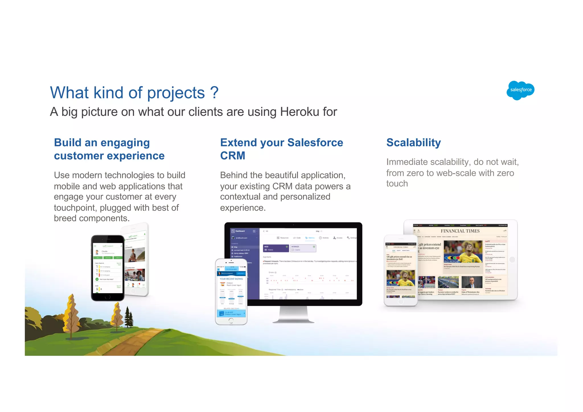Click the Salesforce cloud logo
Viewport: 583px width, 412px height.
coord(520,90)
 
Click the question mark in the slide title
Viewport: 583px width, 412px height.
coord(214,93)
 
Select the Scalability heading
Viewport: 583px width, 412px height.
coord(413,143)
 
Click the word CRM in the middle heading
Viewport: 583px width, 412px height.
coord(233,156)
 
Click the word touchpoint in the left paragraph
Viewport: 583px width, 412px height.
coord(76,208)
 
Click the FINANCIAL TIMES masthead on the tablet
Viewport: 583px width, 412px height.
coord(460,231)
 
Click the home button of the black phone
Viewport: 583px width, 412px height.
coord(108,297)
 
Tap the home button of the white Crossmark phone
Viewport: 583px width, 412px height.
coord(231,321)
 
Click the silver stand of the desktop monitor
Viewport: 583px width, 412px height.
coord(293,314)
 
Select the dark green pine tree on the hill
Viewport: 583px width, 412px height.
coord(129,317)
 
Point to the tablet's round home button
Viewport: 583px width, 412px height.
coord(512,259)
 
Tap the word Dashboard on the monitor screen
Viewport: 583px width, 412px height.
coord(240,231)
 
